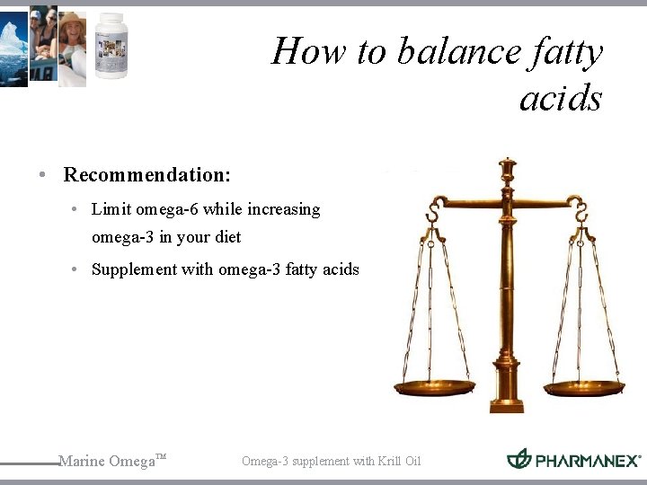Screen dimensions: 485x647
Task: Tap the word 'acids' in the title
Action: pos(561,98)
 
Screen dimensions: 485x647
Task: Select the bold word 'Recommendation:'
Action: pos(146,173)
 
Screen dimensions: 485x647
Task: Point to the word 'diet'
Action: pos(227,238)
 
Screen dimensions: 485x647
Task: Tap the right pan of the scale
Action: pos(584,387)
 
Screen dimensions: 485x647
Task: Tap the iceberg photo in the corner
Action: pos(13,47)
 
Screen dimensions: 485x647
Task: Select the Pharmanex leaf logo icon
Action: pos(518,459)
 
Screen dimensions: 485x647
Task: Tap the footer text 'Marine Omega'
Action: pos(107,462)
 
